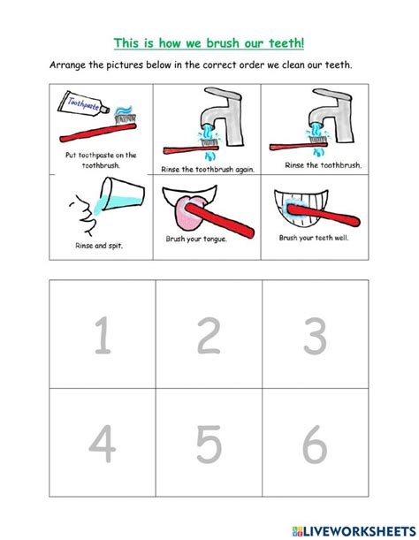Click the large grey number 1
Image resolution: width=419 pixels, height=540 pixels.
(103, 337)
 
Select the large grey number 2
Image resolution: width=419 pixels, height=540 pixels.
(209, 337)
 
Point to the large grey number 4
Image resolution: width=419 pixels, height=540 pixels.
(103, 443)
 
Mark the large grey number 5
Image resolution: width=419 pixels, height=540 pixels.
(209, 443)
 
